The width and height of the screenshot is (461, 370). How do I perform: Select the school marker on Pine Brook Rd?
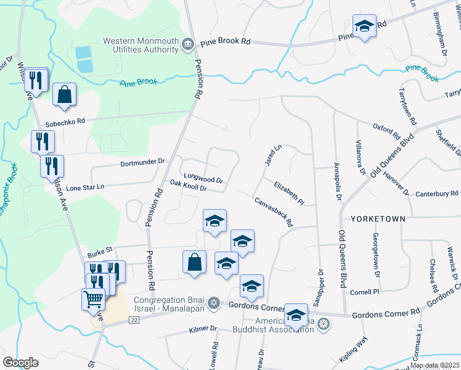pyautogui.click(x=364, y=27)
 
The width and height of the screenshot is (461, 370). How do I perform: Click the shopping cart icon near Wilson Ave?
pyautogui.click(x=93, y=300)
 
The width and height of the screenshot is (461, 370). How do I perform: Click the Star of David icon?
pyautogui.click(x=214, y=302)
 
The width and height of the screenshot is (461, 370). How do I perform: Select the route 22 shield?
pyautogui.click(x=133, y=320)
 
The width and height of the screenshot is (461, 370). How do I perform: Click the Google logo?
pyautogui.click(x=21, y=362)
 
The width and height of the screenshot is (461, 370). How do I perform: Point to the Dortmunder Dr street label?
pyautogui.click(x=142, y=162)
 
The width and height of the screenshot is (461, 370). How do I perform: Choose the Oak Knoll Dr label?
pyautogui.click(x=188, y=185)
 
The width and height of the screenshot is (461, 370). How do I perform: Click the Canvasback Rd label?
pyautogui.click(x=272, y=212)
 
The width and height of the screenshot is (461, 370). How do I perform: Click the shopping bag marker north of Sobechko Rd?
pyautogui.click(x=64, y=95)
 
